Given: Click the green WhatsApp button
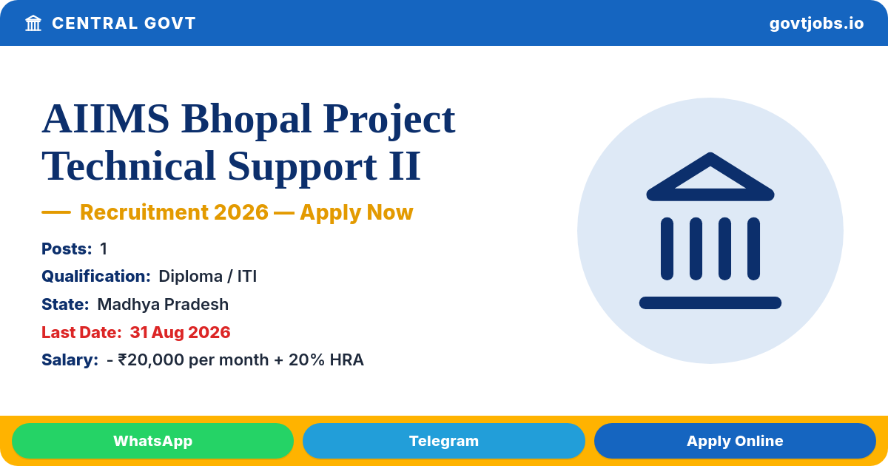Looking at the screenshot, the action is pyautogui.click(x=152, y=441).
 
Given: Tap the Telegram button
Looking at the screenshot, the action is pyautogui.click(x=443, y=441).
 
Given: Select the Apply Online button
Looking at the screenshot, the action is pyautogui.click(x=735, y=441).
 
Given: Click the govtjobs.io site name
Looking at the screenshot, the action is pyautogui.click(x=816, y=24).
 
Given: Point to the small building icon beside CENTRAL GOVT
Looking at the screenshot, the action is pyautogui.click(x=33, y=23).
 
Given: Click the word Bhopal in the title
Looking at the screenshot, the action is pyautogui.click(x=246, y=120).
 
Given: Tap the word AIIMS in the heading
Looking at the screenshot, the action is pyautogui.click(x=106, y=119).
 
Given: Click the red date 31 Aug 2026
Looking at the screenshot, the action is pyautogui.click(x=180, y=332).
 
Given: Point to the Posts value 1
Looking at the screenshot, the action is pyautogui.click(x=104, y=249).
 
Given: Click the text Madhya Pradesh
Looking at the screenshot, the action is pyautogui.click(x=163, y=304).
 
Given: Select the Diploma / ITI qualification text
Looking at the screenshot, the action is pyautogui.click(x=208, y=276).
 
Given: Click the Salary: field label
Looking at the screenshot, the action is pyautogui.click(x=70, y=359).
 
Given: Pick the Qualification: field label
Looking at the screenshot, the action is pyautogui.click(x=96, y=276).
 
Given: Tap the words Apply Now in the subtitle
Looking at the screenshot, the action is pyautogui.click(x=357, y=212).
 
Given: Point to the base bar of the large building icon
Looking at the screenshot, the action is pyautogui.click(x=710, y=303).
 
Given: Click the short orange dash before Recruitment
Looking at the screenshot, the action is pyautogui.click(x=56, y=212).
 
